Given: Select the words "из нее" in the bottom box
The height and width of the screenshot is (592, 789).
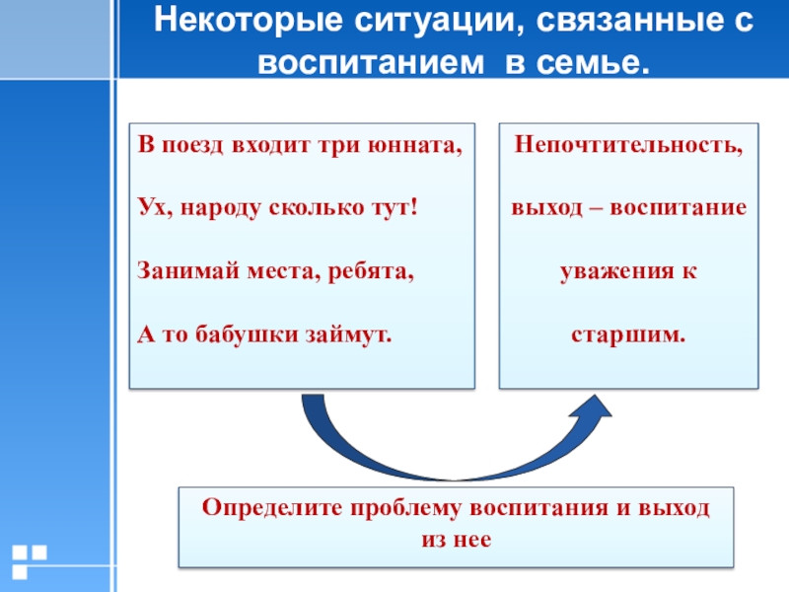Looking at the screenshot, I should point(456,541).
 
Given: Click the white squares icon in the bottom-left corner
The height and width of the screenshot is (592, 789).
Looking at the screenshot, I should point(29,558).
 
